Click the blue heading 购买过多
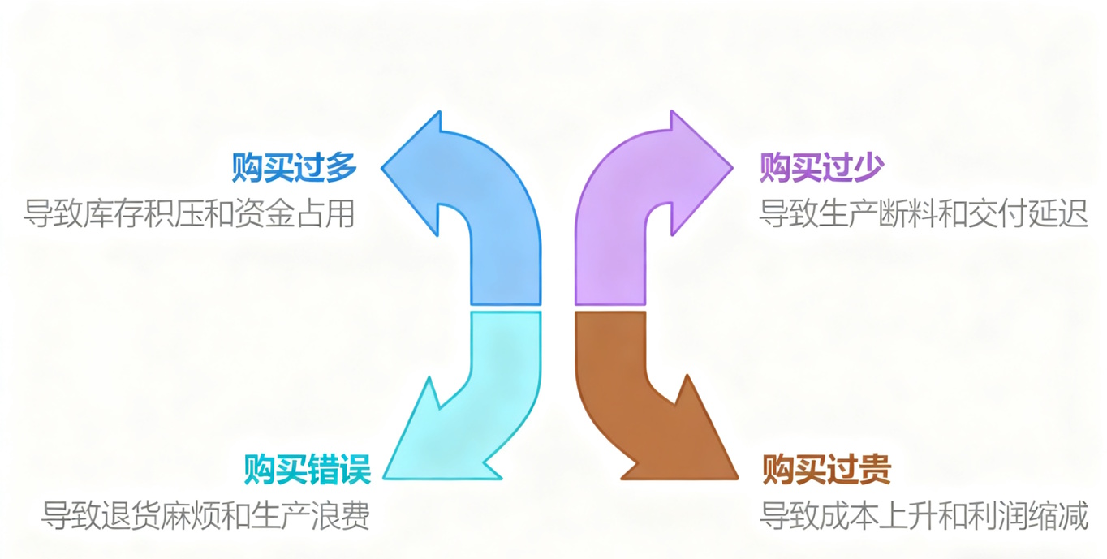[x=294, y=168]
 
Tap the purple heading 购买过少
[x=821, y=168]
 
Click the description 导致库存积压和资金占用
[x=189, y=214]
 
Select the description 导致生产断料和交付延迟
[x=923, y=214]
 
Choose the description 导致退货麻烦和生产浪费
[x=206, y=514]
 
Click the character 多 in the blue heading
[x=341, y=168]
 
